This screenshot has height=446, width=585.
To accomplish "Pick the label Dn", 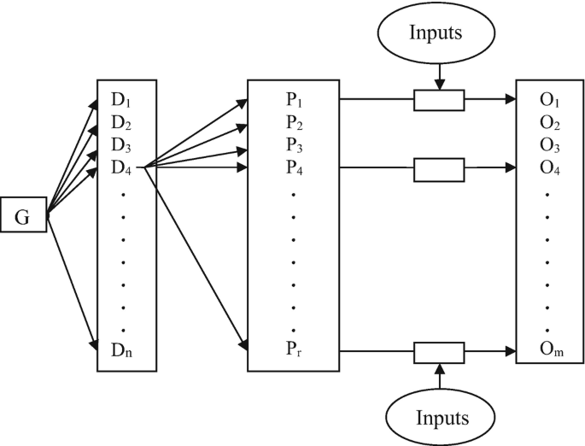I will pos(123,349).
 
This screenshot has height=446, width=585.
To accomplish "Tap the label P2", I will pos(294,121).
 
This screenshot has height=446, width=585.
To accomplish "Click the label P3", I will pos(294,143).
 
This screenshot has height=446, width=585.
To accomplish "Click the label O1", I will pos(549,100).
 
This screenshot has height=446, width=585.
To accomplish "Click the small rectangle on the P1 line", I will pos(439,101).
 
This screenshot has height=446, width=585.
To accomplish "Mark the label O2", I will pos(549,121).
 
